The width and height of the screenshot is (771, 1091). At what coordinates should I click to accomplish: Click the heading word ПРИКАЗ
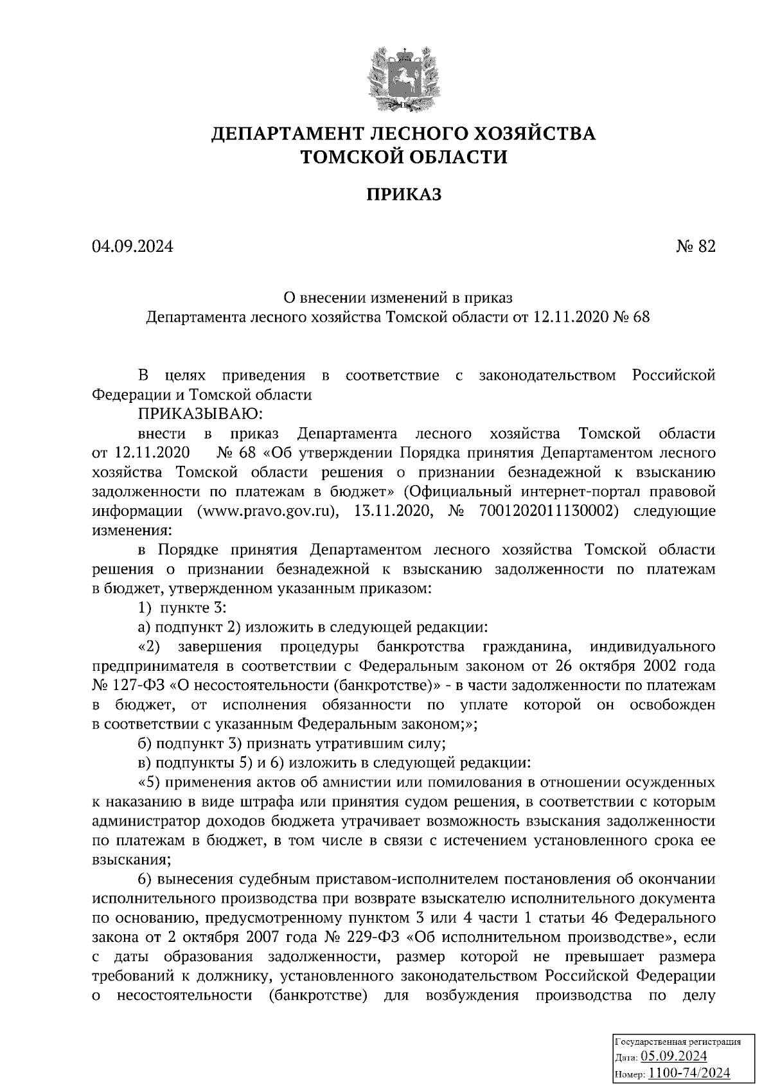pos(403,194)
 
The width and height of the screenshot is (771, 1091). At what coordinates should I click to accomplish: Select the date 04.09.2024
pos(132,247)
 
